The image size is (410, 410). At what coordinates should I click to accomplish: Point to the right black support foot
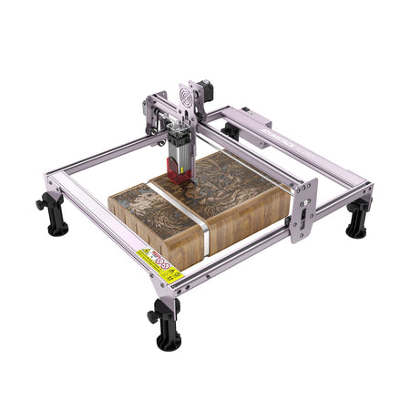click(357, 219)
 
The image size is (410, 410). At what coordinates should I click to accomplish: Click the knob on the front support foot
click(152, 317)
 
